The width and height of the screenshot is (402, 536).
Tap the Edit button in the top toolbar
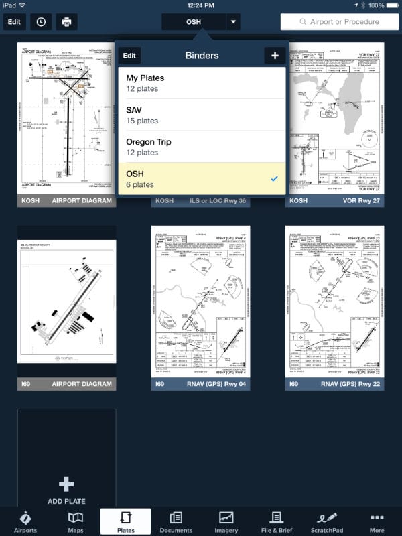coord(14,21)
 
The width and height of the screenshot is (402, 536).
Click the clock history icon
coord(41,21)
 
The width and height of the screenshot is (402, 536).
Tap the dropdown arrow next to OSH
coord(233,21)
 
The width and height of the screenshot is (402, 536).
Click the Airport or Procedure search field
coord(340,21)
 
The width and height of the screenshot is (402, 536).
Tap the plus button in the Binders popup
coord(275,56)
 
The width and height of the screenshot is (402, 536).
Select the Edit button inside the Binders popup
coord(129,56)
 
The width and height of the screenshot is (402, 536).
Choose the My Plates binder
coord(202,83)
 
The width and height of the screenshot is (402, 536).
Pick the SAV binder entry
coord(202,115)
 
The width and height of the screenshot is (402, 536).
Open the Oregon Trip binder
coord(202,147)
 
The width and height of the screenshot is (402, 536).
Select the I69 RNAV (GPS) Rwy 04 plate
coord(200,301)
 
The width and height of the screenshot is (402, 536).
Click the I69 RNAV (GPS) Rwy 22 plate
coord(334,301)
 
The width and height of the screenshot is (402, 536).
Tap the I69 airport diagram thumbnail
coord(66,301)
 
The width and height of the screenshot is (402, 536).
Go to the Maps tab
coord(76,522)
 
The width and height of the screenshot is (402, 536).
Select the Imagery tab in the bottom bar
coord(226,522)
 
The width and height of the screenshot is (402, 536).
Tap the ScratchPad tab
coord(327,522)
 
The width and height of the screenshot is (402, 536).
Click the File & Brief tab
coord(276,522)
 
